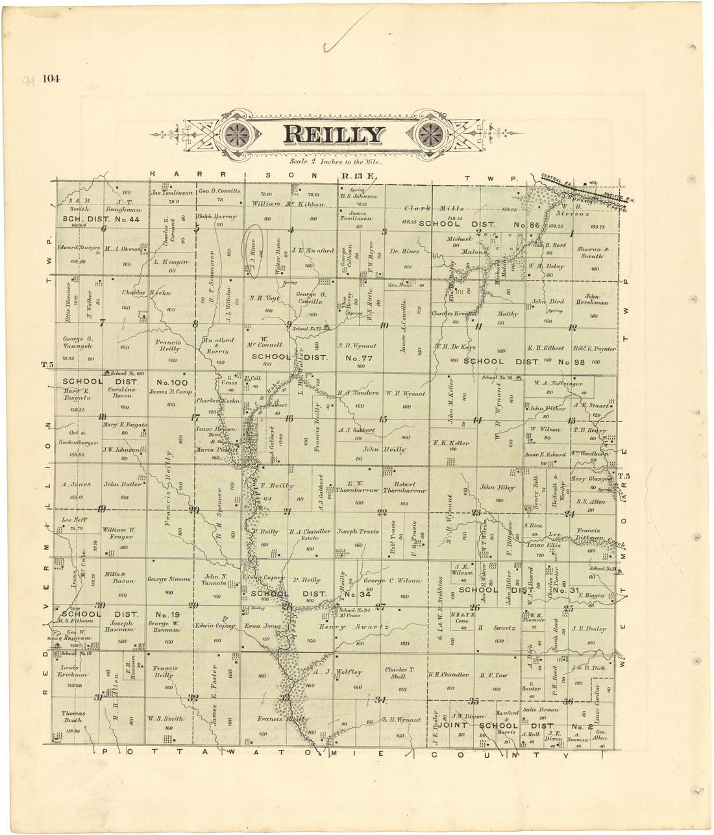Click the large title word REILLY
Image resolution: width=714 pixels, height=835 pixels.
click(333, 134)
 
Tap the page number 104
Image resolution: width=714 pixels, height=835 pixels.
click(51, 79)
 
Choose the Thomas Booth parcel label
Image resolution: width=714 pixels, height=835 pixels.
click(73, 716)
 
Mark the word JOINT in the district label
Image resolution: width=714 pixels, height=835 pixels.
click(452, 725)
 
